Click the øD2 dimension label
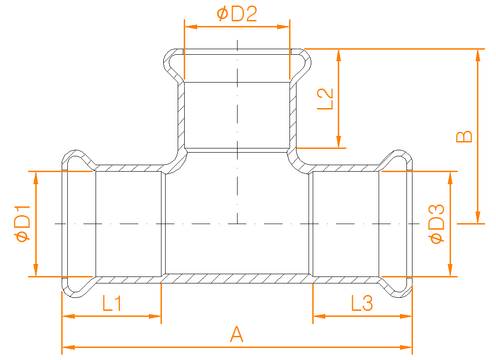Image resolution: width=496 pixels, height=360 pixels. coord(237,14)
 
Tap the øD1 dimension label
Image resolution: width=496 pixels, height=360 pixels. coord(23,223)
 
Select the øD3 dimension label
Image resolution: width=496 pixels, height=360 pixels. coord(437,224)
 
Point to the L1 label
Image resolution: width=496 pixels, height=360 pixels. coord(112,303)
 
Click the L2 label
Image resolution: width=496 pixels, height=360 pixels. coord(325,99)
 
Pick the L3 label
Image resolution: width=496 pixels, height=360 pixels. coord(362,303)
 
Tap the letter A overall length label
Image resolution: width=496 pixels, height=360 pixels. coord(237,334)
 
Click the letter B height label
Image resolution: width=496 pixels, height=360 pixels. coord(464,136)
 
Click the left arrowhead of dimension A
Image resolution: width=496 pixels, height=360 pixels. coord(68,347)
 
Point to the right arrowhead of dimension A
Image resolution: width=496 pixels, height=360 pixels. coord(406,347)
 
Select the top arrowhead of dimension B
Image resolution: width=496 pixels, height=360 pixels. coord(478,55)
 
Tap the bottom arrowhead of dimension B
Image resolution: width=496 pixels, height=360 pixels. coord(478,217)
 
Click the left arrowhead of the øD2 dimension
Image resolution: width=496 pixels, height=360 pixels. coord(191,27)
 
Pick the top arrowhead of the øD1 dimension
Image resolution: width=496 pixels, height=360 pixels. coord(36,178)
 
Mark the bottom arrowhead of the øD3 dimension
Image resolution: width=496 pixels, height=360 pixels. coord(450,270)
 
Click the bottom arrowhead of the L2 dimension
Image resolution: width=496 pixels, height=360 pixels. coord(339,141)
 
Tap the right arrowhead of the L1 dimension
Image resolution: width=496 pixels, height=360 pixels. coord(155,316)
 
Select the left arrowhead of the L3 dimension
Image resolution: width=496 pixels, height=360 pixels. coord(319,316)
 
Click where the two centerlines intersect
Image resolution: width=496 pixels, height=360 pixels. coord(238,224)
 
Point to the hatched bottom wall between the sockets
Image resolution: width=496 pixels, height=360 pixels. coord(237,278)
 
